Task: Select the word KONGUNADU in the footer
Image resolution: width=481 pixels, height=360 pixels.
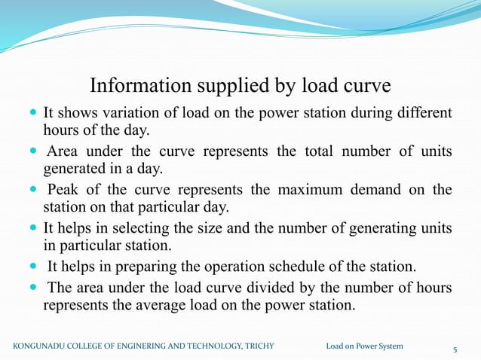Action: [x=44, y=346]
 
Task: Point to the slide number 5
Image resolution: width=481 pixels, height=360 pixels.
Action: [x=455, y=349]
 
